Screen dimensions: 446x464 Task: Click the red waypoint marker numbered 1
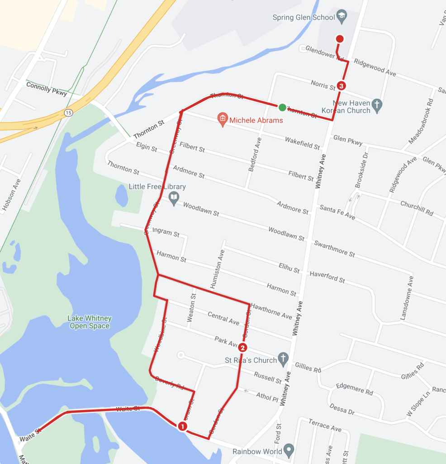(x=182, y=426)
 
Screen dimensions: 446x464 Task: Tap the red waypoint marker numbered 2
(x=243, y=348)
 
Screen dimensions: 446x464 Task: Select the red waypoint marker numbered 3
(x=342, y=86)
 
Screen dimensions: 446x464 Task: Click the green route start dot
(x=282, y=107)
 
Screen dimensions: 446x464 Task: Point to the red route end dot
(x=340, y=39)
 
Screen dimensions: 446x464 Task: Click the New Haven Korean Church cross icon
(x=377, y=106)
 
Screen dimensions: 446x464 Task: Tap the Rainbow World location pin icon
(x=289, y=450)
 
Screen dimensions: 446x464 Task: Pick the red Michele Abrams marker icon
(x=223, y=120)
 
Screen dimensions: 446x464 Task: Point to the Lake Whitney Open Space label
(x=89, y=322)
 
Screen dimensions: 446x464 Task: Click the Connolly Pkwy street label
(x=47, y=88)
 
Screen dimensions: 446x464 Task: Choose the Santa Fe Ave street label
(x=337, y=212)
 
